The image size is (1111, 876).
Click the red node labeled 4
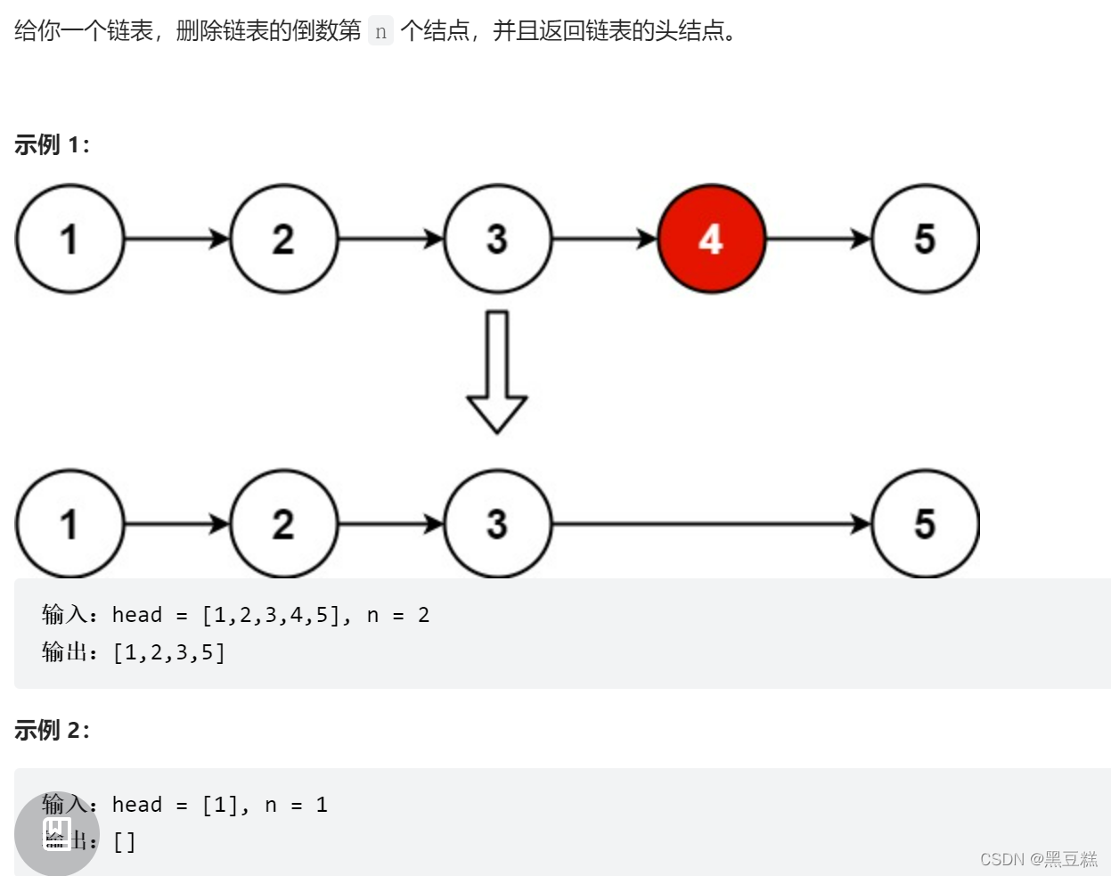pos(711,239)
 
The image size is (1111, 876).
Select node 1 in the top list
pos(69,239)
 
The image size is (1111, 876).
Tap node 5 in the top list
pos(925,239)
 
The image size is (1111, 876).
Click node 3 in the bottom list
pos(497,524)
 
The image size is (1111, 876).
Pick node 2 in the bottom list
pos(283,524)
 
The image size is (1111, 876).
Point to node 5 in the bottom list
pos(925,524)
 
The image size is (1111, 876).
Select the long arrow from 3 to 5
pos(711,524)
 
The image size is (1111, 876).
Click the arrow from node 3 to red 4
pos(604,239)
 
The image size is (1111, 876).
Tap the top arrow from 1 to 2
pos(176,239)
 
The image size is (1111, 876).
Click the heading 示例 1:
pos(52,144)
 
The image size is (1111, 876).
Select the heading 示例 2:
pos(52,730)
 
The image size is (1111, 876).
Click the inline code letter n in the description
pos(380,32)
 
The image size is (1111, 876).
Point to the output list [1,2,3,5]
pos(169,653)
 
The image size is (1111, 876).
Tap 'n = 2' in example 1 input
pos(398,615)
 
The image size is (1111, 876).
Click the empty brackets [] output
pos(125,842)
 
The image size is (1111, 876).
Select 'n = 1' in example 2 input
pos(296,805)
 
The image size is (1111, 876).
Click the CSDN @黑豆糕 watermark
pos(1038,859)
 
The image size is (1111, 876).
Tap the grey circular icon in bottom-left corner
pos(56,833)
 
